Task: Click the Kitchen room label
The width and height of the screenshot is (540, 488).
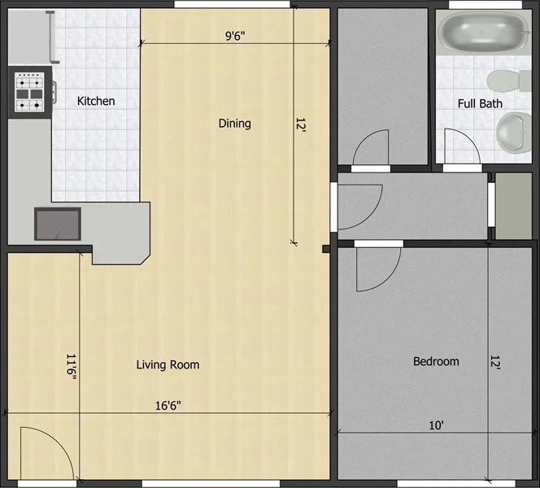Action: pos(96,102)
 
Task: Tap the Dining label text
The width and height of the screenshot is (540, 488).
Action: pos(234,124)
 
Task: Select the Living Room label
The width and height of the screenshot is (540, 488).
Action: pos(168,364)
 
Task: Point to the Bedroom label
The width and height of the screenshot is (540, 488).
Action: pos(436,362)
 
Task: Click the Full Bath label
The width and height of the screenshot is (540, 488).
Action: pos(480,103)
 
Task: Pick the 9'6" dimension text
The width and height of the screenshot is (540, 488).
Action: pos(236,35)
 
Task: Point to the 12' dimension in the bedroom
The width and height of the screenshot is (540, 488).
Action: pos(495,362)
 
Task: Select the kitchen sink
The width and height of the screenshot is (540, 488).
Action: pos(58,223)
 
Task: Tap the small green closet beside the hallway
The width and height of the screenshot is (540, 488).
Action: pos(513,206)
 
